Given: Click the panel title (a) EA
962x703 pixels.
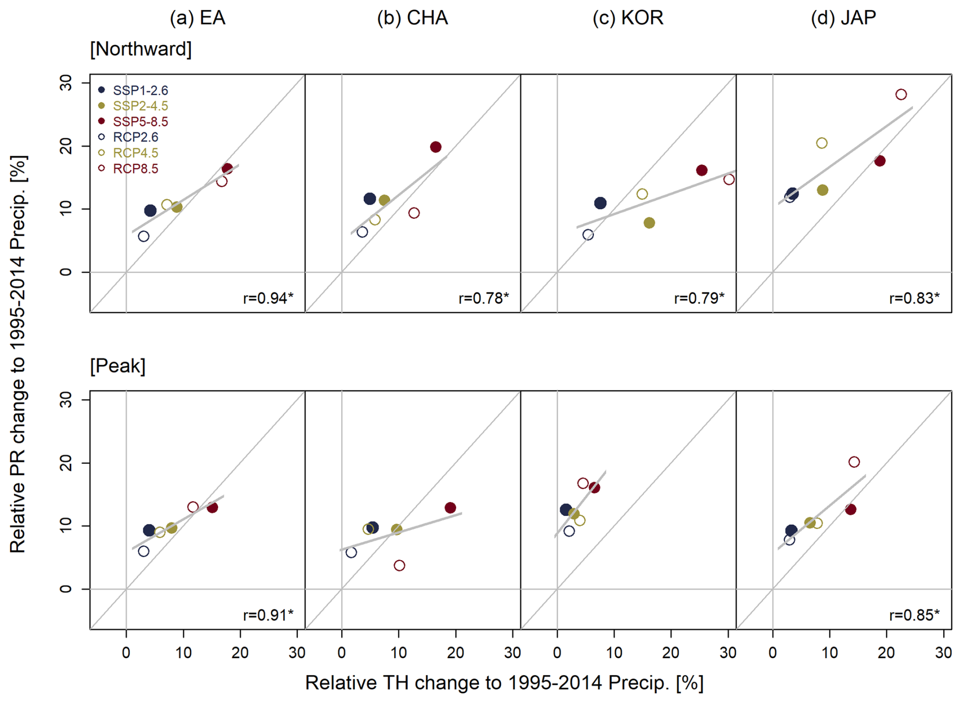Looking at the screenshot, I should tap(197, 18).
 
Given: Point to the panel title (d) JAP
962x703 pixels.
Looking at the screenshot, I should tap(843, 18).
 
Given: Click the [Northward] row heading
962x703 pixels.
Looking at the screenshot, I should tap(141, 49).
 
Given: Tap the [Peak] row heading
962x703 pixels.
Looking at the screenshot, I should tap(118, 366).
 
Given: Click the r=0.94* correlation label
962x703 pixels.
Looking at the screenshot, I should tap(268, 298).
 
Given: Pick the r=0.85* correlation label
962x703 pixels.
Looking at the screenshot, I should tap(914, 615).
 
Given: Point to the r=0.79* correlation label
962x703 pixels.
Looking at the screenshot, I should tap(699, 298).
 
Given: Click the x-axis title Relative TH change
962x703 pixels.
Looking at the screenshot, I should tap(504, 683).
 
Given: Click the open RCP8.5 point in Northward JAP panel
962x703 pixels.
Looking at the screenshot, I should tap(901, 95).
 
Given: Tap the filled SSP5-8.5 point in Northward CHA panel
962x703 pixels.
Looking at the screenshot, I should tap(435, 147).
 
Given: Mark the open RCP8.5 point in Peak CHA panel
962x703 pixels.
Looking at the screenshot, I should tap(399, 566).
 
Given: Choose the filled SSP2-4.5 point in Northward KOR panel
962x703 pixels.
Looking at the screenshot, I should tap(649, 223).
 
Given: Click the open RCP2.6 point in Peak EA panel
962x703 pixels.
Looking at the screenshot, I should tap(143, 551).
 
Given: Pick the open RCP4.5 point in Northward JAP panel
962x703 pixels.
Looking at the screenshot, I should tap(822, 143).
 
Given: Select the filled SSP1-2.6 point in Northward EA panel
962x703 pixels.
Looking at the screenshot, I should tap(150, 211).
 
